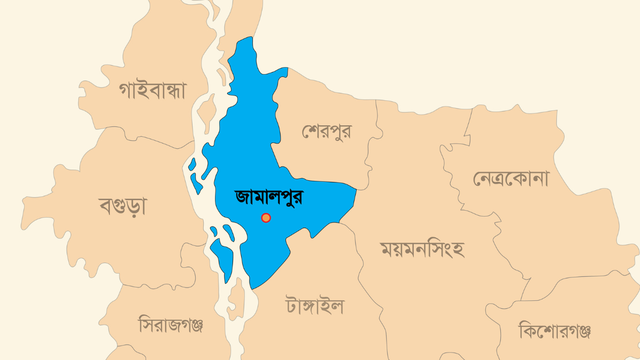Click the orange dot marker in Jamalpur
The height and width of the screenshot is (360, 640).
click(x=266, y=218)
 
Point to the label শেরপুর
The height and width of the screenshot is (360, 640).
click(x=326, y=131)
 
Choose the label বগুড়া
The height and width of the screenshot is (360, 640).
click(x=123, y=205)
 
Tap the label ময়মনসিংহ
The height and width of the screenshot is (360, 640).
click(x=422, y=249)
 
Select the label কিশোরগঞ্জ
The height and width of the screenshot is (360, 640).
click(x=555, y=331)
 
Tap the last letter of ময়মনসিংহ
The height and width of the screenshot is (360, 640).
click(x=457, y=249)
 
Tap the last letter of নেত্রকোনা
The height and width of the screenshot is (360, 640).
click(x=540, y=179)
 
